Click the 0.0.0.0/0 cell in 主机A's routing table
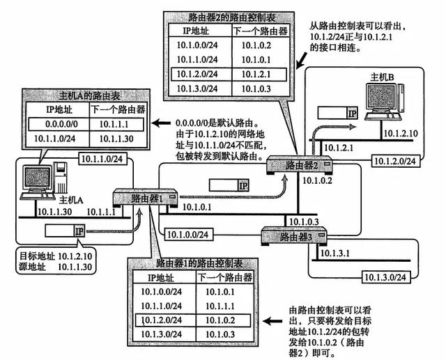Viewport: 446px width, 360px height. (54, 124)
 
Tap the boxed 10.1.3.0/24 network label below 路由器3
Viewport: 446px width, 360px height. (385, 276)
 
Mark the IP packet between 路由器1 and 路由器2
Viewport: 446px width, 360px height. (231, 185)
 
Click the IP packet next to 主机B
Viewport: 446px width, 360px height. (337, 113)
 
